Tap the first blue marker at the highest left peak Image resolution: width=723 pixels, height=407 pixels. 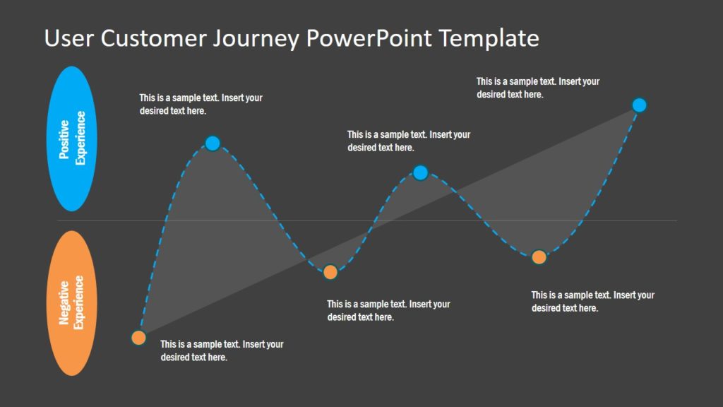213,143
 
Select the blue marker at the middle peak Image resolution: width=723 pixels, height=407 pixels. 420,172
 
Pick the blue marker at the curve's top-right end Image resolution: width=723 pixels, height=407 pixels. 639,105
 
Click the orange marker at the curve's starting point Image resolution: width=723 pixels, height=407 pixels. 138,338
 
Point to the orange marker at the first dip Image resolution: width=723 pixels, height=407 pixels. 330,272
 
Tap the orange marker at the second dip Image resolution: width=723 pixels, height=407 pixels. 539,257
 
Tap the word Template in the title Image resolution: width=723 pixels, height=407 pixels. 489,40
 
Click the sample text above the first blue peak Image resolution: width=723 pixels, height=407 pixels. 201,105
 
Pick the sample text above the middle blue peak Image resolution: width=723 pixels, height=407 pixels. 408,141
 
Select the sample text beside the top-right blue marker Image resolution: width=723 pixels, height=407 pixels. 537,88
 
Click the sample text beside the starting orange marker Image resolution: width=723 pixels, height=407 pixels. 222,350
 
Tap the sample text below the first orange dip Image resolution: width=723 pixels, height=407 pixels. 388,310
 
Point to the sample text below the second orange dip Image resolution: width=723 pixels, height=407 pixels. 592,301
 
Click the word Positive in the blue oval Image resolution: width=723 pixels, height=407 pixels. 64,139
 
